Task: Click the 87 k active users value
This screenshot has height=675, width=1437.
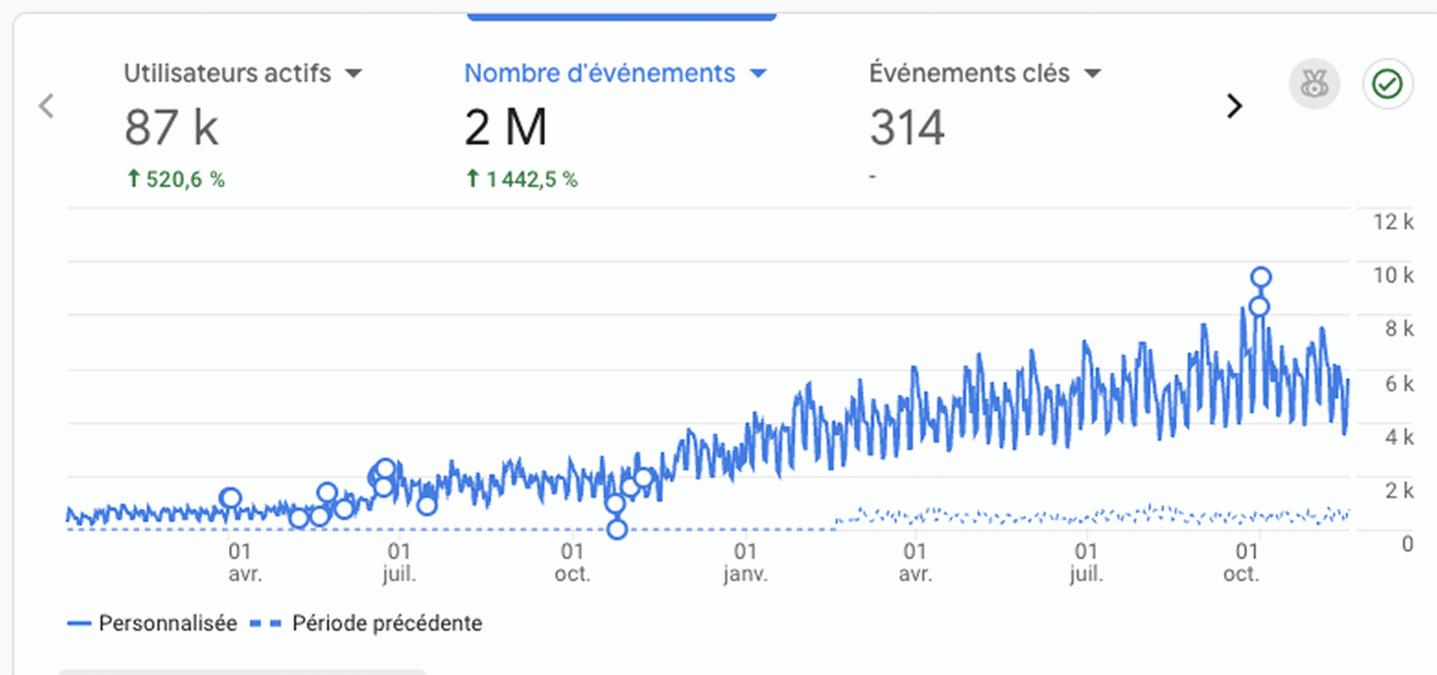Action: (x=171, y=127)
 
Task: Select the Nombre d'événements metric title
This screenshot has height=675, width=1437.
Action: (x=599, y=74)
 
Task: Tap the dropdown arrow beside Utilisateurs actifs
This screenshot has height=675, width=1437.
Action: (x=354, y=74)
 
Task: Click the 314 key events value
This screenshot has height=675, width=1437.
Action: (x=906, y=127)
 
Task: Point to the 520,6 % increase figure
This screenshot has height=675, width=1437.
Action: (x=176, y=180)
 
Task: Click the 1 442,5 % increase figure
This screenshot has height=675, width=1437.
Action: (x=522, y=180)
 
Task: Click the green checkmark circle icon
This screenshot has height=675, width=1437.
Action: (x=1387, y=84)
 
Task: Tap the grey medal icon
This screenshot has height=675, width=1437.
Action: (x=1314, y=84)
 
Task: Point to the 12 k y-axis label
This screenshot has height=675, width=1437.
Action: (x=1392, y=222)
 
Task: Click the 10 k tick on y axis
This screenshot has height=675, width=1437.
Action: (x=1392, y=276)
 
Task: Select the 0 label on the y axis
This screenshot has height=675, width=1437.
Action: (x=1406, y=544)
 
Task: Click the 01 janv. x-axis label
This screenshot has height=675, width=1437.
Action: (x=745, y=562)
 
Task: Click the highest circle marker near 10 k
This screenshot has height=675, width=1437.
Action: (x=1261, y=277)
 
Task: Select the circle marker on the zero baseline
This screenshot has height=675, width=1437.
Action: (x=616, y=530)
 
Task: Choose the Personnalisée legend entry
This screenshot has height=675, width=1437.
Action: (x=153, y=623)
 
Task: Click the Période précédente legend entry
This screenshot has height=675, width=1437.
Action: (x=366, y=623)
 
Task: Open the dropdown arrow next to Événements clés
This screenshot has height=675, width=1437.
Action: (x=1092, y=74)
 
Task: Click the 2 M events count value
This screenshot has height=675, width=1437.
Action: (x=505, y=127)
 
